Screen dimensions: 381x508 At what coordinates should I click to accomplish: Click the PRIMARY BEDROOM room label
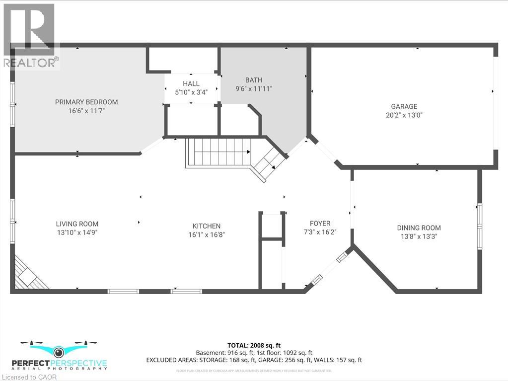tap(86, 102)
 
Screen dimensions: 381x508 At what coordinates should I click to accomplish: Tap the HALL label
tap(191, 83)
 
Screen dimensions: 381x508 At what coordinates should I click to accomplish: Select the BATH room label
tap(254, 80)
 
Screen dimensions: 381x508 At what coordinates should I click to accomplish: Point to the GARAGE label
tap(404, 106)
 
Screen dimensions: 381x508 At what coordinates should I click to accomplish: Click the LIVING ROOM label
tap(77, 224)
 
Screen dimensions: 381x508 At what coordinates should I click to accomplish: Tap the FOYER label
tap(319, 224)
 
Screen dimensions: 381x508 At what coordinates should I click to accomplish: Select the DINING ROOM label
tap(419, 228)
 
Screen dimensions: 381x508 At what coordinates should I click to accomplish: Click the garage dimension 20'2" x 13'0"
tap(404, 115)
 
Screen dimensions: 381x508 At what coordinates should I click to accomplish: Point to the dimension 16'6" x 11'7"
tap(86, 111)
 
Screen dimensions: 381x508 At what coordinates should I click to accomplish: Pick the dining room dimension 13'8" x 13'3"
tap(419, 236)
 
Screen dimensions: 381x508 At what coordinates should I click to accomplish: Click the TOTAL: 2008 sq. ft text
tap(254, 345)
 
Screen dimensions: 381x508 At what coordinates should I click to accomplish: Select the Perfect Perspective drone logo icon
tap(59, 351)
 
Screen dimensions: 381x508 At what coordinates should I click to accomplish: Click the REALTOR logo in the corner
tap(28, 35)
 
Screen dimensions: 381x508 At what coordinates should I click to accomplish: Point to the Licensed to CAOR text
tap(29, 377)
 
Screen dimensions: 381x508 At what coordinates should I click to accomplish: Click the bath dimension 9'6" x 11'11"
tap(254, 88)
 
